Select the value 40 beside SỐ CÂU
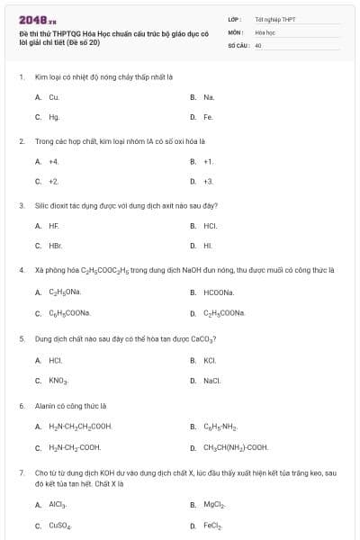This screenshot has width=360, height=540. (x=258, y=44)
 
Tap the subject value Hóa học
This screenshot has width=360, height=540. (x=265, y=31)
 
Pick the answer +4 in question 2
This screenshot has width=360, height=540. (x=54, y=161)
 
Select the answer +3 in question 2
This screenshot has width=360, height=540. (x=208, y=182)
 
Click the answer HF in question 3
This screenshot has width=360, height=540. (x=54, y=226)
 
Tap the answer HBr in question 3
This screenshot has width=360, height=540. (x=55, y=246)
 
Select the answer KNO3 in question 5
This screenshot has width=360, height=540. (x=58, y=381)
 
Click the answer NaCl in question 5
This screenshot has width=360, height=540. (x=212, y=381)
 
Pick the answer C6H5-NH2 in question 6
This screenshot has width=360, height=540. (x=220, y=427)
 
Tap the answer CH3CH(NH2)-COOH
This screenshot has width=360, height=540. (x=236, y=447)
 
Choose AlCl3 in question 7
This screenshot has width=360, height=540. (x=58, y=505)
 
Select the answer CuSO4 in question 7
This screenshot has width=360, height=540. (x=60, y=526)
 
